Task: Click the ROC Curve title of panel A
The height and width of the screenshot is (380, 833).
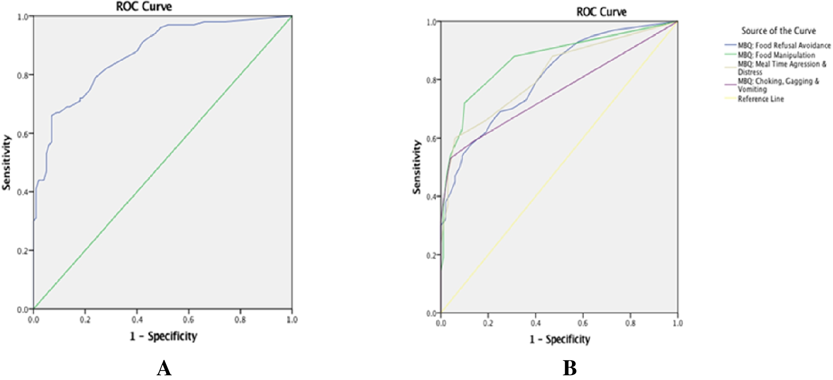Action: tap(144, 6)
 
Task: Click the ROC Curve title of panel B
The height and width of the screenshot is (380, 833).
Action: tap(601, 12)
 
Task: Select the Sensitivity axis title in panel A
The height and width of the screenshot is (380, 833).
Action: tap(6, 162)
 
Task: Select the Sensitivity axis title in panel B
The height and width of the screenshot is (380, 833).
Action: tap(416, 167)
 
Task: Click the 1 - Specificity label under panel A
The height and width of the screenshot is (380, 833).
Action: tap(164, 336)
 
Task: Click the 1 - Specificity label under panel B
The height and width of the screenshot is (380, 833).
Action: tap(560, 339)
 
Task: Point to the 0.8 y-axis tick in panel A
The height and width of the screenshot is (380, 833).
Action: tap(22, 76)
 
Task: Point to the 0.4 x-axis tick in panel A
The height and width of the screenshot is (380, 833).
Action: tap(137, 320)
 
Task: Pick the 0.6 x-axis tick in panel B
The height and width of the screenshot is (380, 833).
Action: tap(583, 323)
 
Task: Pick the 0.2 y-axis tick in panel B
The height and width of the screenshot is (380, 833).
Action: tap(431, 256)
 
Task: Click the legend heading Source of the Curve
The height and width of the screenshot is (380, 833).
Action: tap(778, 31)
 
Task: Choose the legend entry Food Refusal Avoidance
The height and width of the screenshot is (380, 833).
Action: tap(784, 45)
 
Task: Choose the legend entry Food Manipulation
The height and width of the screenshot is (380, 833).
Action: tap(776, 55)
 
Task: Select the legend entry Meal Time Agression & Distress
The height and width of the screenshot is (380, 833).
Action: tap(782, 68)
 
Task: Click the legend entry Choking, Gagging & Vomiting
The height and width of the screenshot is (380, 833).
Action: tap(778, 85)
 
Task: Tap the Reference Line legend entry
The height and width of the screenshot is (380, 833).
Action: tap(760, 99)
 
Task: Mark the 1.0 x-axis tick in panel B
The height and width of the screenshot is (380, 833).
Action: tap(678, 323)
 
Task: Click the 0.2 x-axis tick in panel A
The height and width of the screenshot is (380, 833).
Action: tap(85, 320)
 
